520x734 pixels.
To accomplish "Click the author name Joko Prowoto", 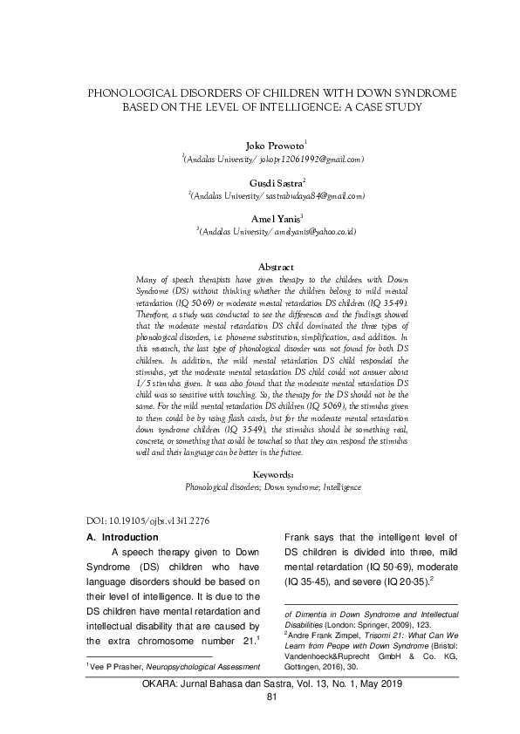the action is (258, 144).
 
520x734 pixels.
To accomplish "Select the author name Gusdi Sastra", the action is (258, 183).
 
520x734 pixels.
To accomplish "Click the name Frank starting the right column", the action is (301, 537).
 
